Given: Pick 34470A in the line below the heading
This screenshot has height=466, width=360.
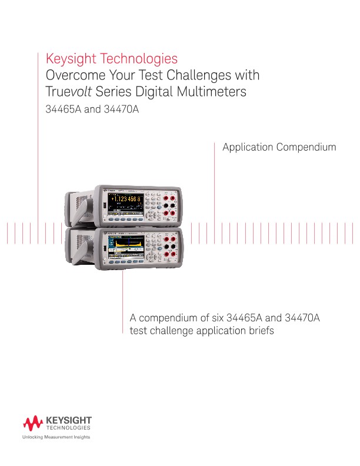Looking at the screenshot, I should coord(121,109).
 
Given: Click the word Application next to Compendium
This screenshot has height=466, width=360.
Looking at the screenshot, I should coord(248,147).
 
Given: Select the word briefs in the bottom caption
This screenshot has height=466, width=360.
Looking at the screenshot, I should coord(259,331).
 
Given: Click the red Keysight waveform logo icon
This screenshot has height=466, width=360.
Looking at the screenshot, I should coord(32,423).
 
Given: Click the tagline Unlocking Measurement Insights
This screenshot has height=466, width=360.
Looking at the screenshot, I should coord(56,438).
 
